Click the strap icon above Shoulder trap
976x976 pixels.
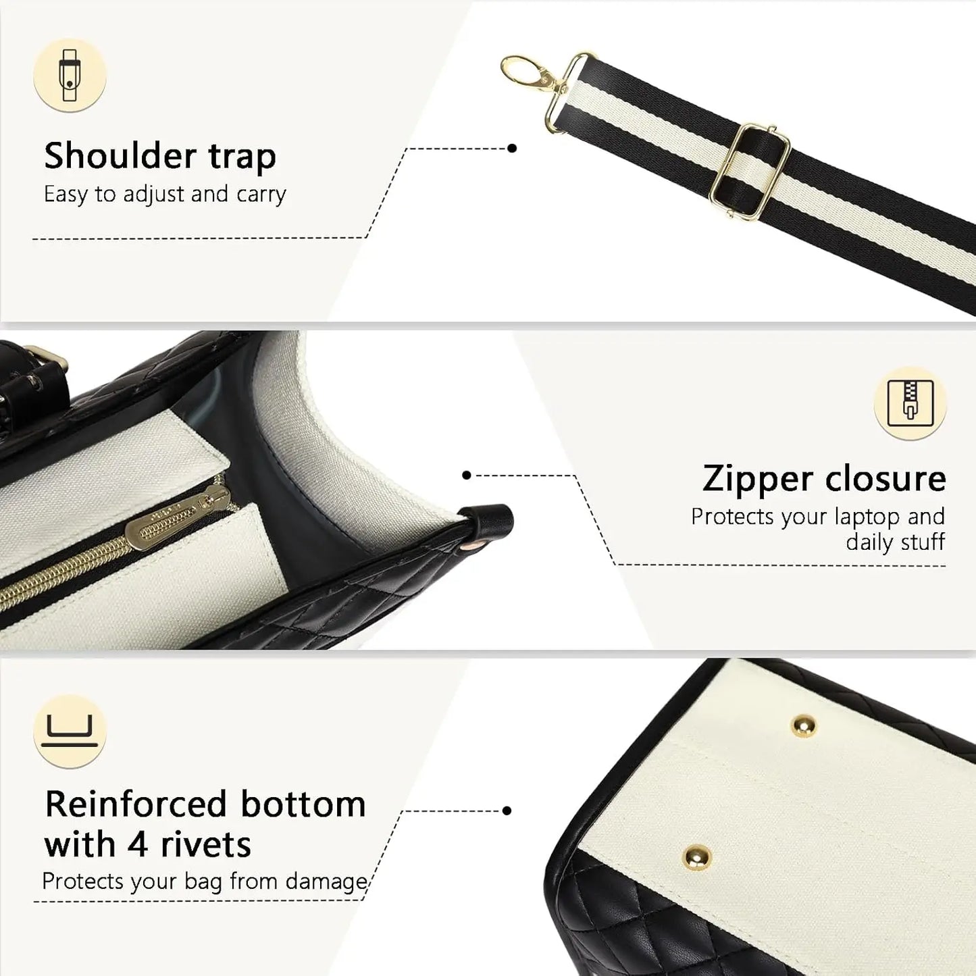click(70, 75)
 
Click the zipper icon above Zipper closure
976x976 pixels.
click(910, 403)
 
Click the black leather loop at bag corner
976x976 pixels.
click(491, 523)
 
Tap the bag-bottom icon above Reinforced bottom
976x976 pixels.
click(70, 731)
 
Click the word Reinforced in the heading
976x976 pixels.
click(136, 804)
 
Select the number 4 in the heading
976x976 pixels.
click(137, 846)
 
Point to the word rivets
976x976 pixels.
click(205, 845)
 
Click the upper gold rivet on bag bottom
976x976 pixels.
click(804, 727)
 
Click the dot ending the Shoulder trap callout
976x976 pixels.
click(512, 149)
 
